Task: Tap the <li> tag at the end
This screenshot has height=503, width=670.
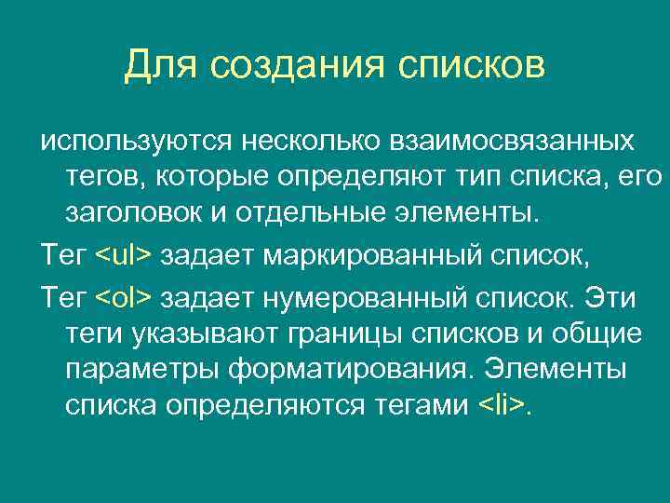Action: (x=501, y=403)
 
